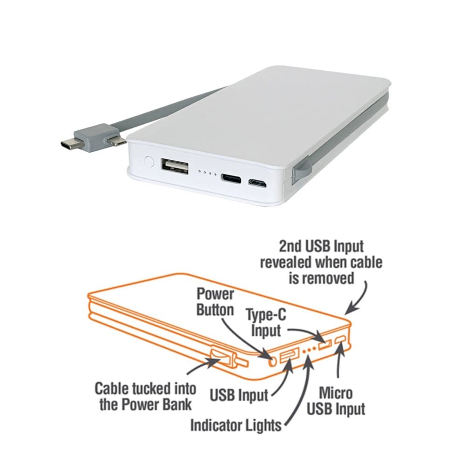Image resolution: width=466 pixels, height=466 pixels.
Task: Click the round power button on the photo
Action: [149, 162]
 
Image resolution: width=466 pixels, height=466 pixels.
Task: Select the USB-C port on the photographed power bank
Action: [231, 179]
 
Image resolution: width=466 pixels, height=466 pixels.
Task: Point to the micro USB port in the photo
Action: [257, 183]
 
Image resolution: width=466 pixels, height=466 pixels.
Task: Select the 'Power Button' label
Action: [216, 302]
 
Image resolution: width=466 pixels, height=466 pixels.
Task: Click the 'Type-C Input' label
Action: [266, 323]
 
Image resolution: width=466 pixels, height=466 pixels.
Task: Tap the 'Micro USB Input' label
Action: [336, 401]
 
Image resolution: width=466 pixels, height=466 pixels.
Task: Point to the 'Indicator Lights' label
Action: [236, 425]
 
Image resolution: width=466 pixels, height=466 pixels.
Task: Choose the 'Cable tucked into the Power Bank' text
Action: [145, 397]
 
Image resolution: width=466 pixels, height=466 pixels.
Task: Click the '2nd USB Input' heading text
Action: [321, 247]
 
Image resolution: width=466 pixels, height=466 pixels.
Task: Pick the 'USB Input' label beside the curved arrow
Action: [239, 395]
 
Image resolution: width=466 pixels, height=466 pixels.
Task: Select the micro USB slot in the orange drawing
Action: [341, 339]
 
